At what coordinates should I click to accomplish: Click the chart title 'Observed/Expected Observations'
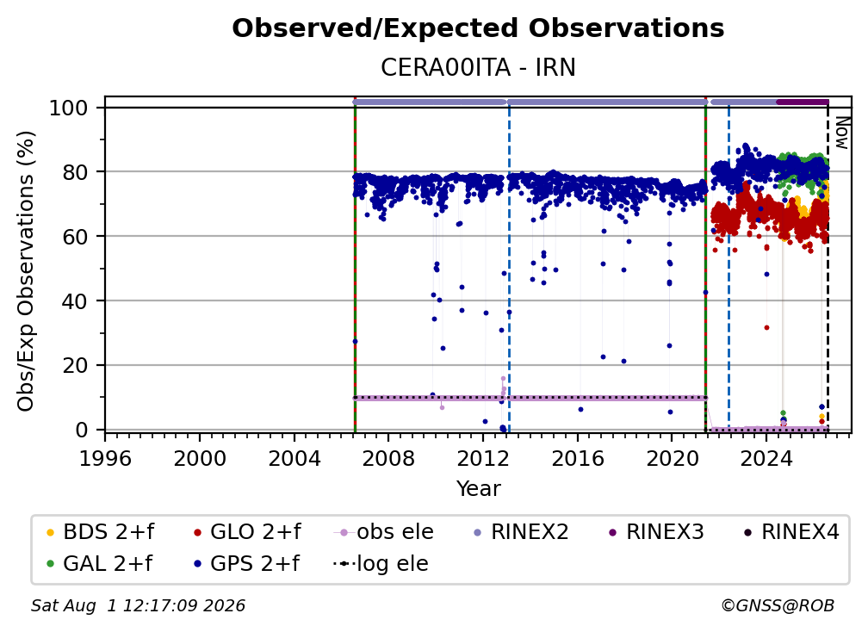478,28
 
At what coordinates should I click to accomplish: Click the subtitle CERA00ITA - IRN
478,67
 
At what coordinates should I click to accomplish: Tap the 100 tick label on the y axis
68,108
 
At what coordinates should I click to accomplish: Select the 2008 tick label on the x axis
388,458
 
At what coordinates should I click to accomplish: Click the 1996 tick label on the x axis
105,458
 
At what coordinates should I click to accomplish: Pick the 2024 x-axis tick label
766,458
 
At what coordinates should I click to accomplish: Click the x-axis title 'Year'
478,489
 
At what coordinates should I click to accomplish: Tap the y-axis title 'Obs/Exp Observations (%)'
26,271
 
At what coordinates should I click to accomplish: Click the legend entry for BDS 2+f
100,532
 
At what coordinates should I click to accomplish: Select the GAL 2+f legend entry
99,564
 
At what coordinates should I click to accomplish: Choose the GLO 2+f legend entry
247,532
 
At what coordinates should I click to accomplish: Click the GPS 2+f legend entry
246,564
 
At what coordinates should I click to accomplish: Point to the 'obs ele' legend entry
384,532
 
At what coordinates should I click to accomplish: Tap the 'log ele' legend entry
381,564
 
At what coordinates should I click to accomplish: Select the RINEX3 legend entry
656,532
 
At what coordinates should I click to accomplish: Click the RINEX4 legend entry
791,532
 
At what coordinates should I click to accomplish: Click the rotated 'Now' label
841,133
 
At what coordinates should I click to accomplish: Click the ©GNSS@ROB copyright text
778,606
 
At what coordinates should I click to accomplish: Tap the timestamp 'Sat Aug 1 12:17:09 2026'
138,606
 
